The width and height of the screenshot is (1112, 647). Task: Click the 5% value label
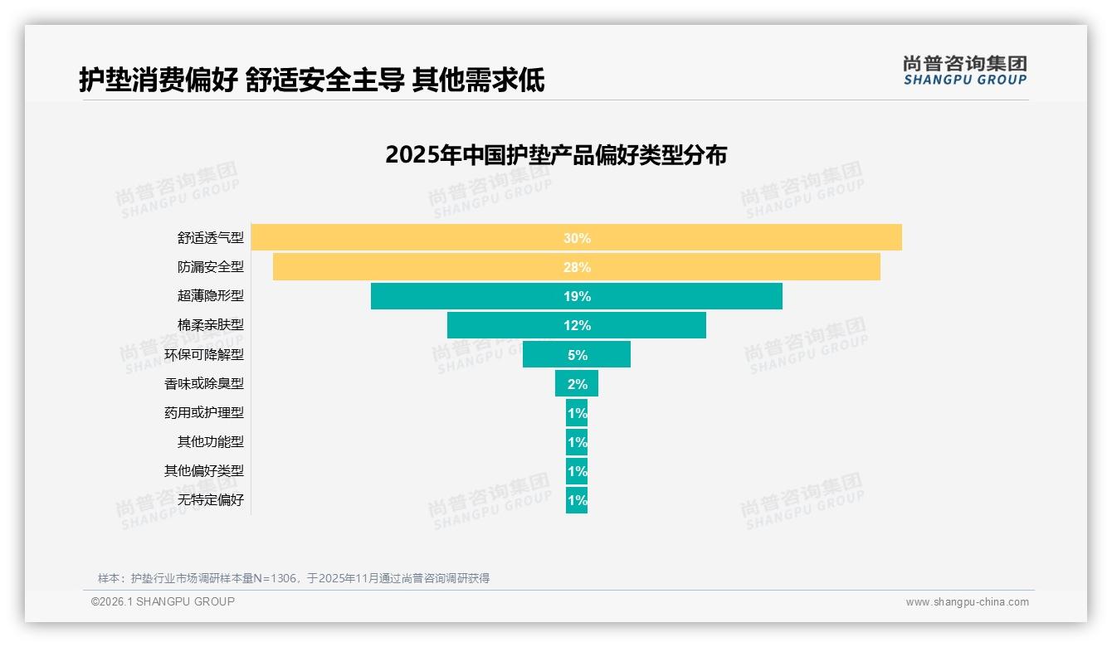click(577, 355)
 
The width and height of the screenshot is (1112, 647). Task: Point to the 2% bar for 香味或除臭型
click(577, 383)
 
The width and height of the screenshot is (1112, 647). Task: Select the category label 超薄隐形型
click(210, 296)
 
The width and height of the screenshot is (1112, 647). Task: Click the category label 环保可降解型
click(204, 354)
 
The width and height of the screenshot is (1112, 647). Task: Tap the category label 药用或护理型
click(204, 412)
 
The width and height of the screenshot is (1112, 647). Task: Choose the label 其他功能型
click(210, 441)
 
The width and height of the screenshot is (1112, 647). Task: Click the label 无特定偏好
click(210, 499)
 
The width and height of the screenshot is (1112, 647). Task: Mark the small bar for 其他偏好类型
click(577, 470)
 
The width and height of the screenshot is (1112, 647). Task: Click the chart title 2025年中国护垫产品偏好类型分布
click(555, 155)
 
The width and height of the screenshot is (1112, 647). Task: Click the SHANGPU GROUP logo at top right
click(964, 71)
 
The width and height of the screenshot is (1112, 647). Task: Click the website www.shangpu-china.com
click(967, 602)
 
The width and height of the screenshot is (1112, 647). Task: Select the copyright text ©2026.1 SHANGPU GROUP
click(163, 601)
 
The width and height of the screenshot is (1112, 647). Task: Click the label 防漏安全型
click(210, 267)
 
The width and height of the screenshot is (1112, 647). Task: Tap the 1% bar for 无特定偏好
click(577, 499)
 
